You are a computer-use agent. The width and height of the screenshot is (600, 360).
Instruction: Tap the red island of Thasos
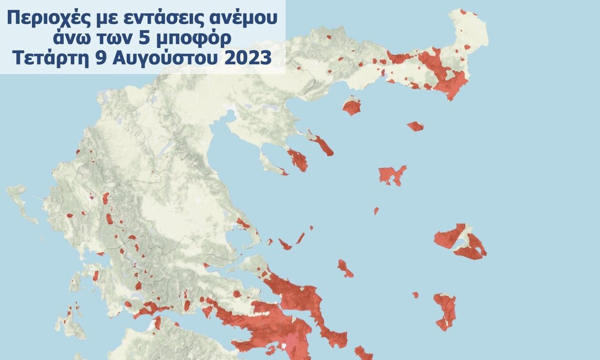[352, 106]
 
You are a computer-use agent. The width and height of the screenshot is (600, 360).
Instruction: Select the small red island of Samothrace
[415, 126]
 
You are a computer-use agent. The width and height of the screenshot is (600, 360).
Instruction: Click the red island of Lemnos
[391, 175]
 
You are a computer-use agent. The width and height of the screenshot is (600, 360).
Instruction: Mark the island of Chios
[445, 310]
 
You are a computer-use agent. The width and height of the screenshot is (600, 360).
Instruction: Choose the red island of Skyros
[345, 269]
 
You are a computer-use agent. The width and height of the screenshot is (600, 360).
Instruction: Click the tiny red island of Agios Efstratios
[376, 210]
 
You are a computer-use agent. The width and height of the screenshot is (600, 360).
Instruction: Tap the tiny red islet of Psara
[415, 295]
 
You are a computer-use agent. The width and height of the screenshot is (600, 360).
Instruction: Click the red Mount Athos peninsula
[321, 144]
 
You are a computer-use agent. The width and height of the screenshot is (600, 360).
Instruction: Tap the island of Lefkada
[75, 282]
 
